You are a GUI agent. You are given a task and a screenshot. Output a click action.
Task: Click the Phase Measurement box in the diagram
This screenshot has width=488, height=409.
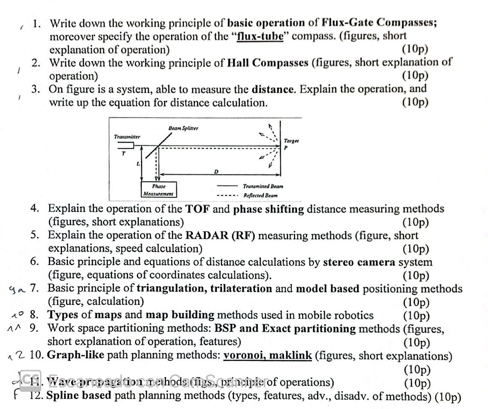(159, 190)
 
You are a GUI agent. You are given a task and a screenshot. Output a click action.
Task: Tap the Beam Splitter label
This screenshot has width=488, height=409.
(183, 128)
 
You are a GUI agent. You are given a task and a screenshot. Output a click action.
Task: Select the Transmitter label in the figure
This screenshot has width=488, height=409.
(127, 137)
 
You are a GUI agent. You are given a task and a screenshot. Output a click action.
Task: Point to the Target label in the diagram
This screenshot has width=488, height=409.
(291, 141)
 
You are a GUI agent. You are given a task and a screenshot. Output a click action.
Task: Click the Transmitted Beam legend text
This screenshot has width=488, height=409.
(263, 186)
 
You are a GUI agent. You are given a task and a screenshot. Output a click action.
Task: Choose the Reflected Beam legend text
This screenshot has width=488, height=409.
(260, 195)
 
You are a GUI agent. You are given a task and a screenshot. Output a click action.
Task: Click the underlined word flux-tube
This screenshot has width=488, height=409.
(260, 36)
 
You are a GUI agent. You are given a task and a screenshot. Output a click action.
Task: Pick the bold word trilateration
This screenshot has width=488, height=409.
(241, 288)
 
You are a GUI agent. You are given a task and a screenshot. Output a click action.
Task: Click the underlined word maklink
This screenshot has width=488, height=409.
(290, 355)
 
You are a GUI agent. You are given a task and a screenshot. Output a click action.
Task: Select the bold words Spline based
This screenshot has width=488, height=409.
(79, 395)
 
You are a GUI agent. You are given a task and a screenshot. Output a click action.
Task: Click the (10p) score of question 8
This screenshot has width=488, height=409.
(416, 315)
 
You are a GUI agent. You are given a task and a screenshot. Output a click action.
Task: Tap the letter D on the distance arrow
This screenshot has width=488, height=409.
(216, 172)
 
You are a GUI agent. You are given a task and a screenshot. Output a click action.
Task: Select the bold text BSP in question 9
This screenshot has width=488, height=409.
(225, 328)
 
